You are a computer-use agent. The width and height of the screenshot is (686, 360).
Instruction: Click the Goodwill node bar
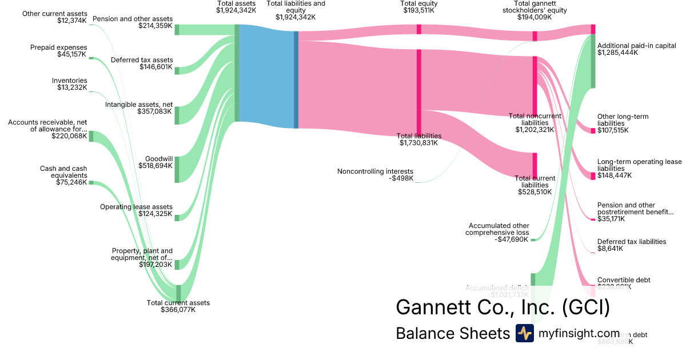177,169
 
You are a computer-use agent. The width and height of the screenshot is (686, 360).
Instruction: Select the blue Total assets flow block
266,76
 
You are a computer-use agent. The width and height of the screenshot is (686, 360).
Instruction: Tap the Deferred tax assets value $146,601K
156,67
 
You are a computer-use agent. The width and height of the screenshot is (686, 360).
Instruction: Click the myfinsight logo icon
524,333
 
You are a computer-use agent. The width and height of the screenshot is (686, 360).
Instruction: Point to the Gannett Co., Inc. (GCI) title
502,307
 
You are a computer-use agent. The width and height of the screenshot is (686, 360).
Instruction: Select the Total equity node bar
419,29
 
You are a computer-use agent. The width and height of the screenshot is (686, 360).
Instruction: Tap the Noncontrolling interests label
375,171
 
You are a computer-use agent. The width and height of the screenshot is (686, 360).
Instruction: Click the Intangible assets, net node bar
177,115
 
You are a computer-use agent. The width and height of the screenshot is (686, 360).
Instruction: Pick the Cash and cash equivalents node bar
90,183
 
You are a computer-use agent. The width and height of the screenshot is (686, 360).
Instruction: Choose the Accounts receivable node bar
90,137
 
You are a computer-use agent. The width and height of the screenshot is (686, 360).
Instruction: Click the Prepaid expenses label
59,47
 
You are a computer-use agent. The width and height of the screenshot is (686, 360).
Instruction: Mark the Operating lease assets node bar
177,217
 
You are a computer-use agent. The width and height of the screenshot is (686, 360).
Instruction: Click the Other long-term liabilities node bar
593,131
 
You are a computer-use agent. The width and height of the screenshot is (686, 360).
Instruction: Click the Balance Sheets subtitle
452,334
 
